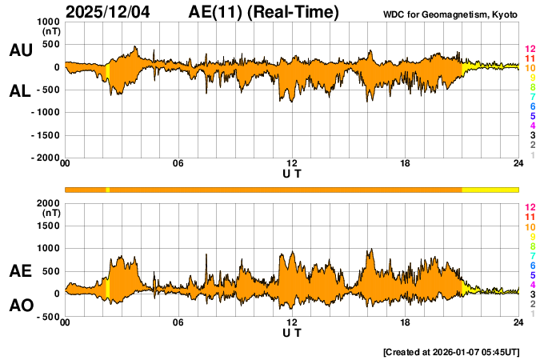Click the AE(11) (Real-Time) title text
coord(263,12)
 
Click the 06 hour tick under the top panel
coord(178,164)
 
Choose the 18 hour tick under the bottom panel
coord(406,322)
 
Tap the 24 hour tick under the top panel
coord(518,164)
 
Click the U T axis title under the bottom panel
coord(292,333)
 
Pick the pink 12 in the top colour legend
coord(530,49)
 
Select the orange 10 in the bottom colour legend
coord(530,227)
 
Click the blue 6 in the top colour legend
coord(531,106)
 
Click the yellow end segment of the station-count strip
coord(490,189)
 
